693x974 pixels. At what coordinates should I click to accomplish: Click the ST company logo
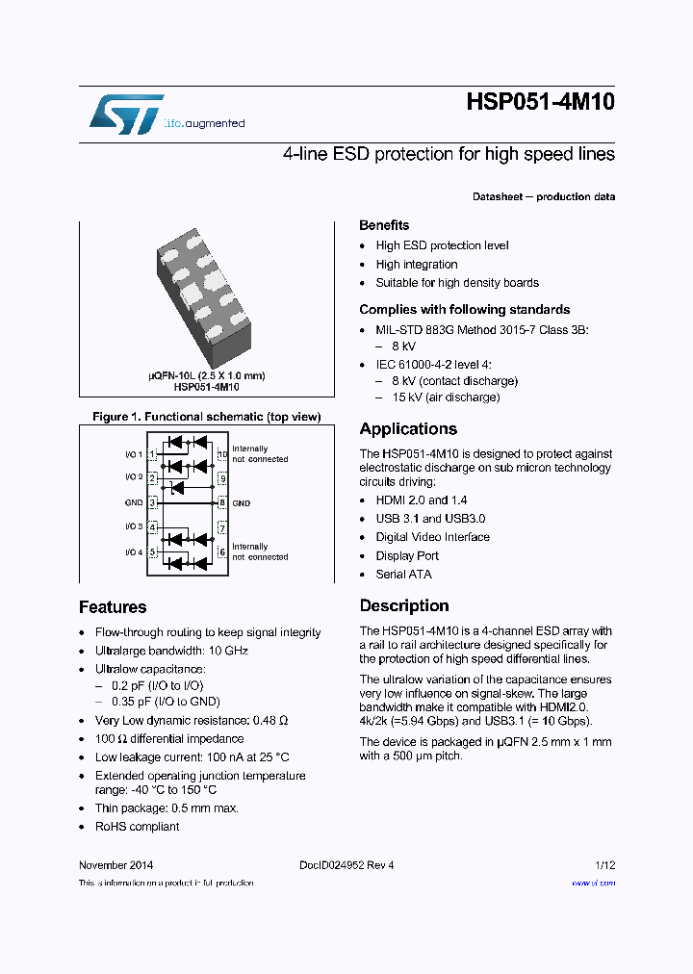click(126, 115)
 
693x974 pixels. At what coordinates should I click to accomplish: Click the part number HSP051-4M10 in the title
click(540, 103)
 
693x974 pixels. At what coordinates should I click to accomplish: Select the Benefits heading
click(384, 225)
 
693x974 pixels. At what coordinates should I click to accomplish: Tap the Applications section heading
click(408, 429)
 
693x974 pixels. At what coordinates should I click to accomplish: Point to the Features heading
click(113, 607)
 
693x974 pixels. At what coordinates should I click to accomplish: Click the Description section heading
click(404, 606)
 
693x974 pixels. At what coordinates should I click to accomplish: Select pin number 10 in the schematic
click(222, 453)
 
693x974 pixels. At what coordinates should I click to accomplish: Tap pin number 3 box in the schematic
click(152, 502)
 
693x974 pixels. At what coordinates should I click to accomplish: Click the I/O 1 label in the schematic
click(133, 453)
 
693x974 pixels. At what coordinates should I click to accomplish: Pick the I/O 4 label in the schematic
click(133, 551)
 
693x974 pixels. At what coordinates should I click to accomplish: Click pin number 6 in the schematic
click(222, 551)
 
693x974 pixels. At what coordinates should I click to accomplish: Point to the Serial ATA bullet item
click(403, 575)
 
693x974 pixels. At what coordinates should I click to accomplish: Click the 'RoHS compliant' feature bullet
click(137, 827)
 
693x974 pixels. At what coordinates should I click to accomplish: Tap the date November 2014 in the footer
click(115, 865)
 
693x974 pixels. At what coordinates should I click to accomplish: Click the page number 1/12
click(604, 865)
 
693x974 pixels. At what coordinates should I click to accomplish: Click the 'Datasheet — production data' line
click(544, 197)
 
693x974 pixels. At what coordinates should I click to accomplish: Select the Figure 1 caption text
click(206, 417)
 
